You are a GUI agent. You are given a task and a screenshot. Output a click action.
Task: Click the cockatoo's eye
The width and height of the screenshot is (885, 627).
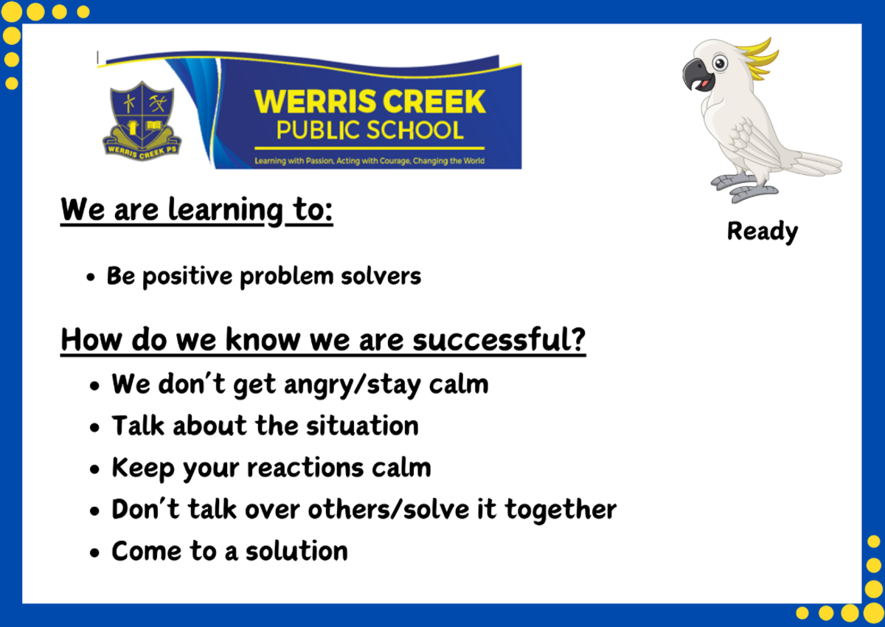[x=720, y=63]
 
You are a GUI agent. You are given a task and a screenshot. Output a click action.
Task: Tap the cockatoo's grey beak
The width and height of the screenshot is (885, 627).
[x=696, y=74]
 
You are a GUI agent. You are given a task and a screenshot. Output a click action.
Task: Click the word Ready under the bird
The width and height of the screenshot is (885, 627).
[x=763, y=232]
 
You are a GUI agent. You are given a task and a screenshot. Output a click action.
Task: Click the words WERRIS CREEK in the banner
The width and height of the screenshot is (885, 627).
[x=369, y=102]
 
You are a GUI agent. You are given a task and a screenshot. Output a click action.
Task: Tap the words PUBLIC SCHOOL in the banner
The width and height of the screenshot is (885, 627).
[x=369, y=131]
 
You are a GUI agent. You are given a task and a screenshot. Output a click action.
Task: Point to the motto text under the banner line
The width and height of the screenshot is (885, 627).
[x=369, y=161]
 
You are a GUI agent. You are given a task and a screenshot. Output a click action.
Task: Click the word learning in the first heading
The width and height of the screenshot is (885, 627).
[x=226, y=211]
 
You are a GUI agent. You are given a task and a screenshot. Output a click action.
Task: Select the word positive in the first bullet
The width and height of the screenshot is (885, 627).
[x=187, y=277]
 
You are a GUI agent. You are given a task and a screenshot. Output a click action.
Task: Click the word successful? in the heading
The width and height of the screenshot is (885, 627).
[x=499, y=340]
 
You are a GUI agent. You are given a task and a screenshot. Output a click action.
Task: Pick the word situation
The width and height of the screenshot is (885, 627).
[x=362, y=426]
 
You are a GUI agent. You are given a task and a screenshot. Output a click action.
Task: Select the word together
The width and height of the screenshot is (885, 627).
[x=560, y=510]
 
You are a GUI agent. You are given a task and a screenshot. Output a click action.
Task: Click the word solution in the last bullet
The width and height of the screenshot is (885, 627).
[x=296, y=551]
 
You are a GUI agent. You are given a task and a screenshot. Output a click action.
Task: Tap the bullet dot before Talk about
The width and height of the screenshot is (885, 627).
[x=94, y=428]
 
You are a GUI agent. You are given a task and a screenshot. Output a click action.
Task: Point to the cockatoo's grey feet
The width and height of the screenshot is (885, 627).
[x=743, y=187]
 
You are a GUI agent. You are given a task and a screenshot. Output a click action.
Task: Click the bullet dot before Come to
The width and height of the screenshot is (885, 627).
[x=94, y=552]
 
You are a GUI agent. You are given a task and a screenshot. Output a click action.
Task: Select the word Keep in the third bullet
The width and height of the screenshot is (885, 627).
[x=143, y=469]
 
